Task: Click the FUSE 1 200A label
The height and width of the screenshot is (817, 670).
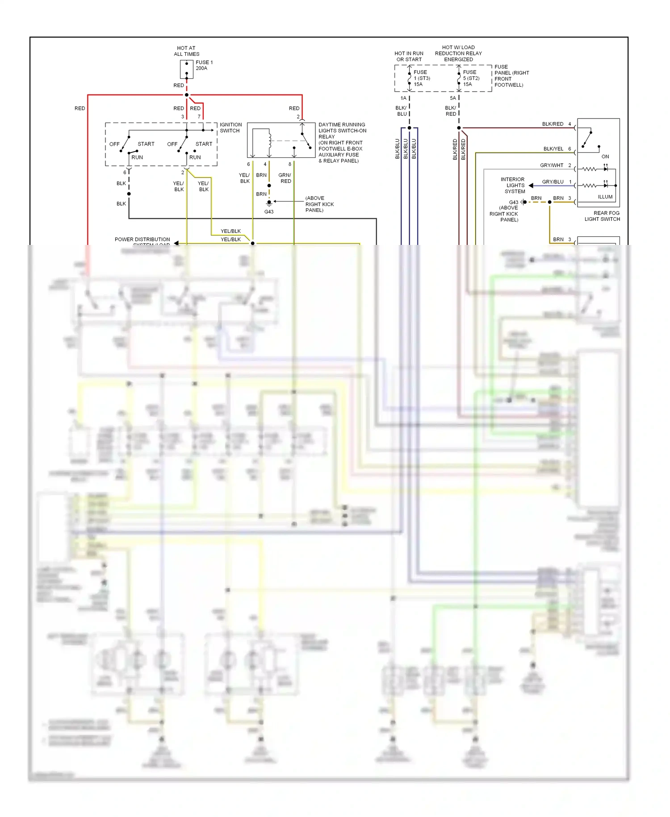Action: [204, 65]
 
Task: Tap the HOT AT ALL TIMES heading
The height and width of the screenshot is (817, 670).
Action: [186, 51]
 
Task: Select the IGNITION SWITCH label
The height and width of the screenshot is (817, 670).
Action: [230, 128]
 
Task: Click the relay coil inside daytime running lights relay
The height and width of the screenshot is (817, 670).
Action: [269, 140]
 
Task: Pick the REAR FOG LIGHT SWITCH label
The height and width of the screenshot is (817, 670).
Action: [602, 216]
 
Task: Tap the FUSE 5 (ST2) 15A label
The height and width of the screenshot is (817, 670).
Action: [471, 78]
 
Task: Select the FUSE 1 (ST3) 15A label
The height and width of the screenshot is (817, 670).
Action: [421, 78]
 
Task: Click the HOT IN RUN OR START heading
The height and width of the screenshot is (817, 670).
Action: [409, 56]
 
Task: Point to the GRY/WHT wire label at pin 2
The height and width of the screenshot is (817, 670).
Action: [552, 165]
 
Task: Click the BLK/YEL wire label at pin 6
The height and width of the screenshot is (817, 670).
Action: [553, 149]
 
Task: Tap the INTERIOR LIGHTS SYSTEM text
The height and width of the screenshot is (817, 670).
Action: [512, 185]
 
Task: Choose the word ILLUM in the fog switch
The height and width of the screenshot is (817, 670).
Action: [605, 197]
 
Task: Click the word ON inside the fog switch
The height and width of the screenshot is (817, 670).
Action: [605, 156]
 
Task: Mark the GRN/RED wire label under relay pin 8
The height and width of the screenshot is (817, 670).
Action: [285, 178]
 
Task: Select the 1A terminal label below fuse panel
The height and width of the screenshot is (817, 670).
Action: [403, 98]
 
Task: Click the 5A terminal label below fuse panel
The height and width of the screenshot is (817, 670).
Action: [452, 98]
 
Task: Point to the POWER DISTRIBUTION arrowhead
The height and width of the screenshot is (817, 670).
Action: [176, 243]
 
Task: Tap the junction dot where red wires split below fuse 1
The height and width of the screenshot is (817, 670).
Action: [187, 95]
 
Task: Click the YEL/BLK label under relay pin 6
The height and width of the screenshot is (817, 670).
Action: [244, 178]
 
